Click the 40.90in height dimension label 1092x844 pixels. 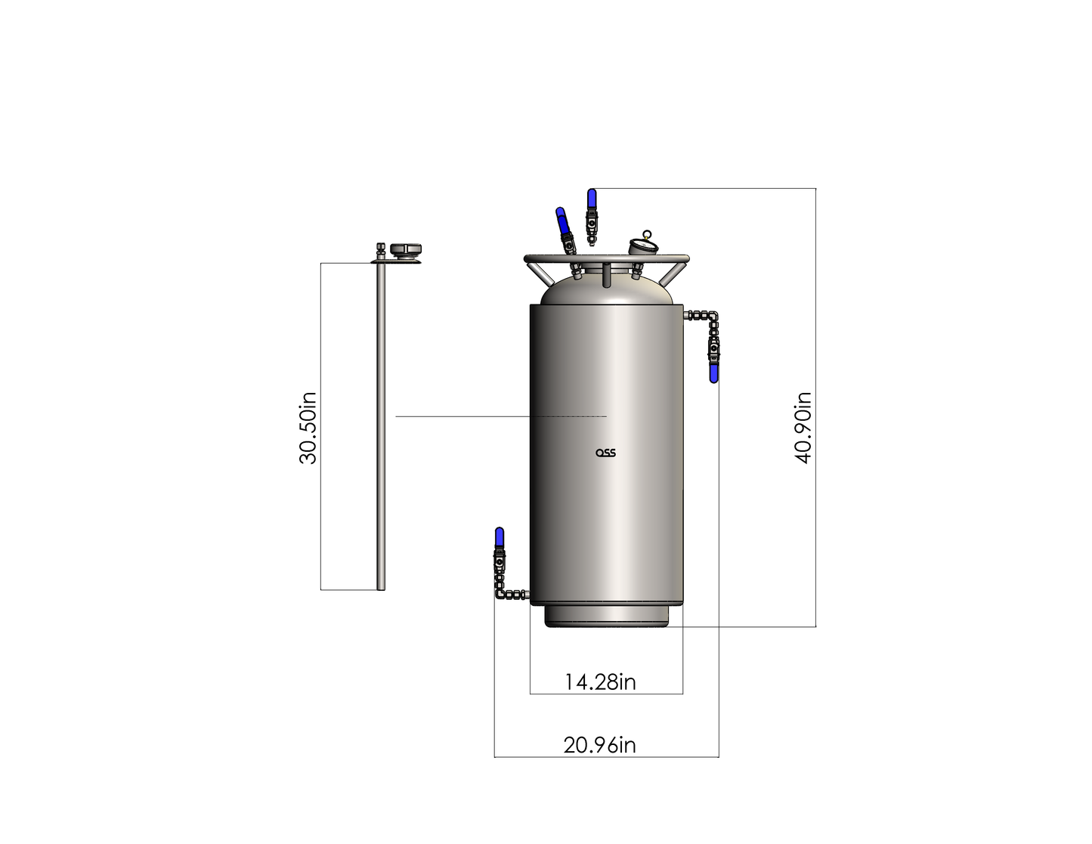tap(803, 428)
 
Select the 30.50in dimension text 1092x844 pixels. tap(308, 428)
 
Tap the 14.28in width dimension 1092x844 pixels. tap(601, 682)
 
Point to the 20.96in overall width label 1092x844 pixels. tap(599, 745)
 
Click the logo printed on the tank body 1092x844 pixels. tap(605, 453)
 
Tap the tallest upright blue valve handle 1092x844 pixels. tap(592, 199)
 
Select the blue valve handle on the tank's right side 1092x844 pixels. tap(713, 374)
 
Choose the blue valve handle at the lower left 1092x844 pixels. tap(500, 537)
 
